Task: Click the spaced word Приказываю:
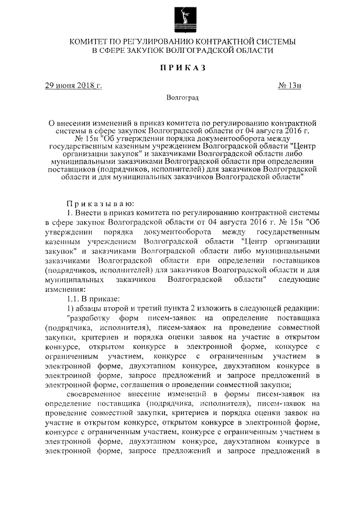click(100, 203)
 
